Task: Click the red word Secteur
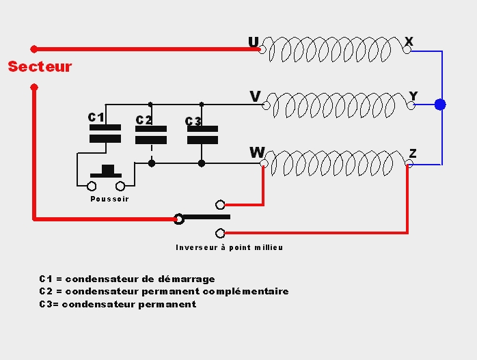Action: point(40,67)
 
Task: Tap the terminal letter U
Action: point(254,43)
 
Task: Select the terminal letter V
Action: point(255,97)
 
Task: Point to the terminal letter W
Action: point(257,152)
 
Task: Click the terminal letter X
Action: point(409,42)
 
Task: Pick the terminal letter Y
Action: point(413,96)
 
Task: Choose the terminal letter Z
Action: point(413,153)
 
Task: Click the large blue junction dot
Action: point(440,105)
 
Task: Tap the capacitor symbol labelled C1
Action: point(105,133)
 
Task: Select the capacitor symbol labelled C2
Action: point(151,134)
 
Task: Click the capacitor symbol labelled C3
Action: point(202,134)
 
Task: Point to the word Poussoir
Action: point(109,199)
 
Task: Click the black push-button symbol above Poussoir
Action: point(106,171)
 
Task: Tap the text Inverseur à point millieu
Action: point(229,247)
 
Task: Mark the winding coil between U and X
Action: point(335,50)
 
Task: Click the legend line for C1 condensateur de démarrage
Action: point(127,279)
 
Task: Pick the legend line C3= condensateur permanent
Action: point(118,304)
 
